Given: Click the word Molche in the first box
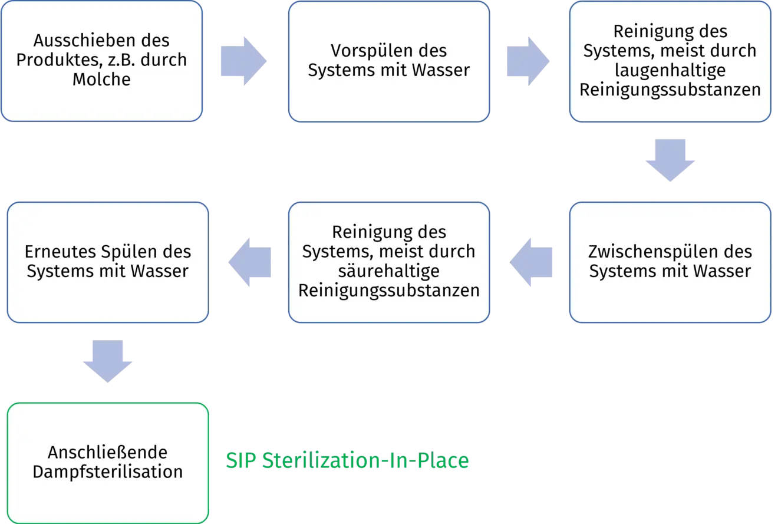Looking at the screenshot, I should (101, 79).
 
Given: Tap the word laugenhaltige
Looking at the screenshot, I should (670, 70).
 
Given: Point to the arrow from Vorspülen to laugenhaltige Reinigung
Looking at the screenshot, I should (527, 61).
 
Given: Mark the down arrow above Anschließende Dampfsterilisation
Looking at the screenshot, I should (108, 362).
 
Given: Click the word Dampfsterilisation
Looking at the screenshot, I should (108, 472).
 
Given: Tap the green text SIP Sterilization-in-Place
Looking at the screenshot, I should (348, 462).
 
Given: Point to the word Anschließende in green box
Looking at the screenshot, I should (108, 453).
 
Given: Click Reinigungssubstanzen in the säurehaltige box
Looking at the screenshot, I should (389, 291).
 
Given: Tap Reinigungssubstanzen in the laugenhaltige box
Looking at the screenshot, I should (670, 90).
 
